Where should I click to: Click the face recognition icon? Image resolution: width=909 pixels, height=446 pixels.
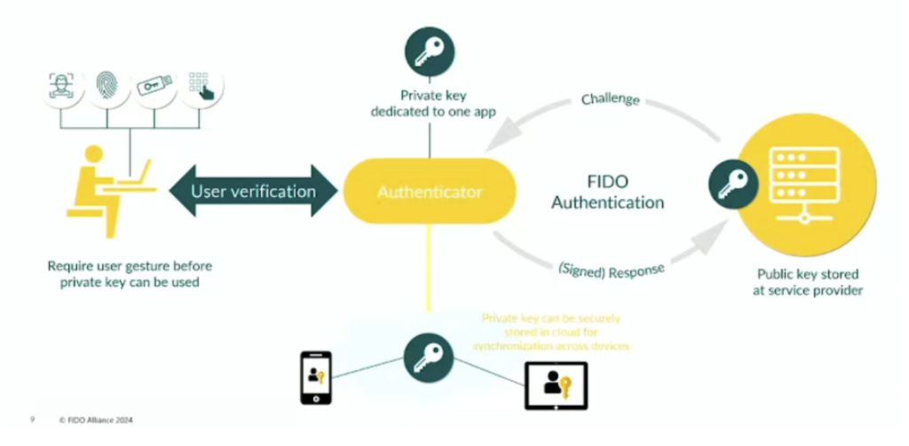click(61, 85)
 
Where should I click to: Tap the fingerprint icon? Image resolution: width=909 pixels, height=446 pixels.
click(107, 86)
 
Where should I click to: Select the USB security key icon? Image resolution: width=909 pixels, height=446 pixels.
click(154, 86)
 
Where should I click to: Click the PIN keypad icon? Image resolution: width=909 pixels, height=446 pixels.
click(200, 85)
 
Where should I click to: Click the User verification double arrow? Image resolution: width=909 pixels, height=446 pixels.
click(254, 191)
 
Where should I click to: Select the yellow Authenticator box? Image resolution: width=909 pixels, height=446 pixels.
click(430, 191)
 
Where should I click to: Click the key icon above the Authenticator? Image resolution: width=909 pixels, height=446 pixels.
click(429, 52)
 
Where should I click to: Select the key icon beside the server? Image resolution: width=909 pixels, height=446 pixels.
click(733, 184)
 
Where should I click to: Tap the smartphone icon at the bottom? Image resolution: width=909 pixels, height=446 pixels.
click(317, 377)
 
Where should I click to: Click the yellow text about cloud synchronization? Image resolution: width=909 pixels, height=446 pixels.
click(550, 331)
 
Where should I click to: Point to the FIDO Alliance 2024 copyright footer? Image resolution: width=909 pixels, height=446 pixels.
click(96, 420)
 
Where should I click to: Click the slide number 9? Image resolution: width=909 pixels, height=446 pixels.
click(33, 420)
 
